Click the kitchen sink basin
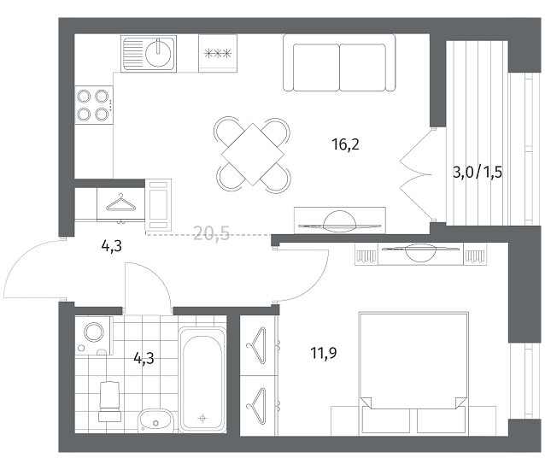pyautogui.click(x=158, y=54)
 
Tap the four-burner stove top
pyautogui.click(x=94, y=105)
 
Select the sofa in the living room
pyautogui.click(x=339, y=63)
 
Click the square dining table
pyautogui.click(x=253, y=155)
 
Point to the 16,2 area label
pyautogui.click(x=345, y=144)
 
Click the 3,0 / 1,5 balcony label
pyautogui.click(x=478, y=172)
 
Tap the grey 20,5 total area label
pyautogui.click(x=211, y=233)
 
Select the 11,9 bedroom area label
pyautogui.click(x=324, y=353)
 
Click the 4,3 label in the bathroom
pyautogui.click(x=144, y=358)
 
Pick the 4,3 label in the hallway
pyautogui.click(x=112, y=246)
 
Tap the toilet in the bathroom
pyautogui.click(x=110, y=402)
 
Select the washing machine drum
pyautogui.click(x=95, y=332)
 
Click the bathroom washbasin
pyautogui.click(x=155, y=420)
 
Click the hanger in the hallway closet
pyautogui.click(x=121, y=203)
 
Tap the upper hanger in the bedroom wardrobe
pyautogui.click(x=256, y=345)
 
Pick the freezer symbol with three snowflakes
pyautogui.click(x=218, y=54)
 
